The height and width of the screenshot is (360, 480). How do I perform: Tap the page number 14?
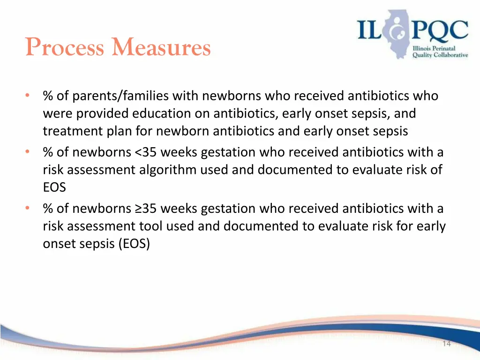446,344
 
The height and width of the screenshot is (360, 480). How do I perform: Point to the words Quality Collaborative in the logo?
440,55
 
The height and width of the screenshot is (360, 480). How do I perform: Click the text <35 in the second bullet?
147,152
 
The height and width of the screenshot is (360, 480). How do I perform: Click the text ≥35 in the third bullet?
147,209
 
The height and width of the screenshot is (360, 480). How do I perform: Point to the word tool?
151,226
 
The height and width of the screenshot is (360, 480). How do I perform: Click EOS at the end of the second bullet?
54,187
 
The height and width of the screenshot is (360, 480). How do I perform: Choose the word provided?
102,114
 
